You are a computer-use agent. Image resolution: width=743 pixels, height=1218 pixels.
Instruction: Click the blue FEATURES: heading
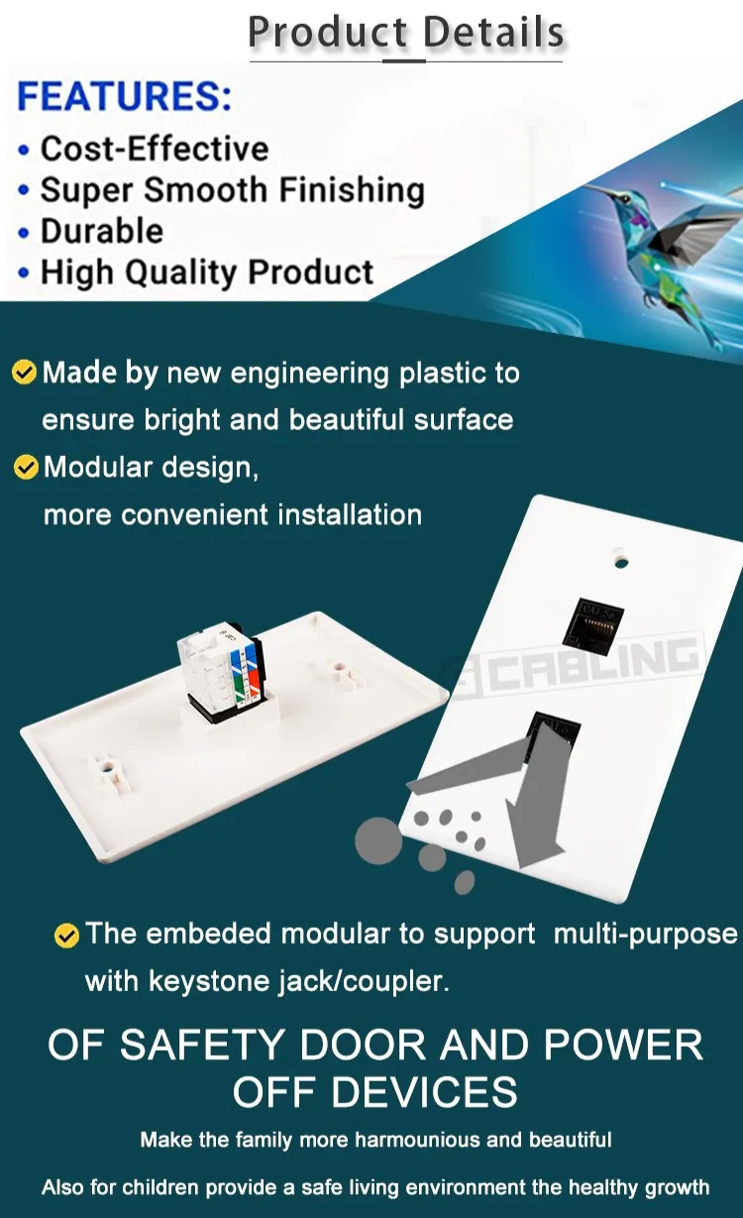[125, 96]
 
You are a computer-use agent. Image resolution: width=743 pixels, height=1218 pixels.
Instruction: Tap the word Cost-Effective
[155, 149]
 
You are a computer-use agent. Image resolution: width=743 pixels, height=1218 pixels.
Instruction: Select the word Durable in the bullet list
[102, 231]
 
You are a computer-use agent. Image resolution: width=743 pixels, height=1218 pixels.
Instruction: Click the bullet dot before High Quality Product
[24, 273]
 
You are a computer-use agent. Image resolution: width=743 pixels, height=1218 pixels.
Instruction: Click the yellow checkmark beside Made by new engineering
[24, 372]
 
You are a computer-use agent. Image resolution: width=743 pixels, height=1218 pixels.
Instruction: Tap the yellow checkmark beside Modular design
[26, 467]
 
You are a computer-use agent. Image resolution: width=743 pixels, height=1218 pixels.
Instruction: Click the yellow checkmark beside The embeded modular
[66, 936]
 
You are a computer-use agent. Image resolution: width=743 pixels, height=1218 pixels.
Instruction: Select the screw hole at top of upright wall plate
[621, 560]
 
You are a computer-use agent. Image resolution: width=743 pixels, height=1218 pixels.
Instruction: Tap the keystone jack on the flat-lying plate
[222, 671]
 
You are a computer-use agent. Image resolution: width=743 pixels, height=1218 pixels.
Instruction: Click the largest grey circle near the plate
[378, 840]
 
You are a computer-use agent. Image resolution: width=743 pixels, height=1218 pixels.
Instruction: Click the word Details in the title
[493, 33]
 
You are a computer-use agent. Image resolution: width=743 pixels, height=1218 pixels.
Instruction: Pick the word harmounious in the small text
[417, 1140]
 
